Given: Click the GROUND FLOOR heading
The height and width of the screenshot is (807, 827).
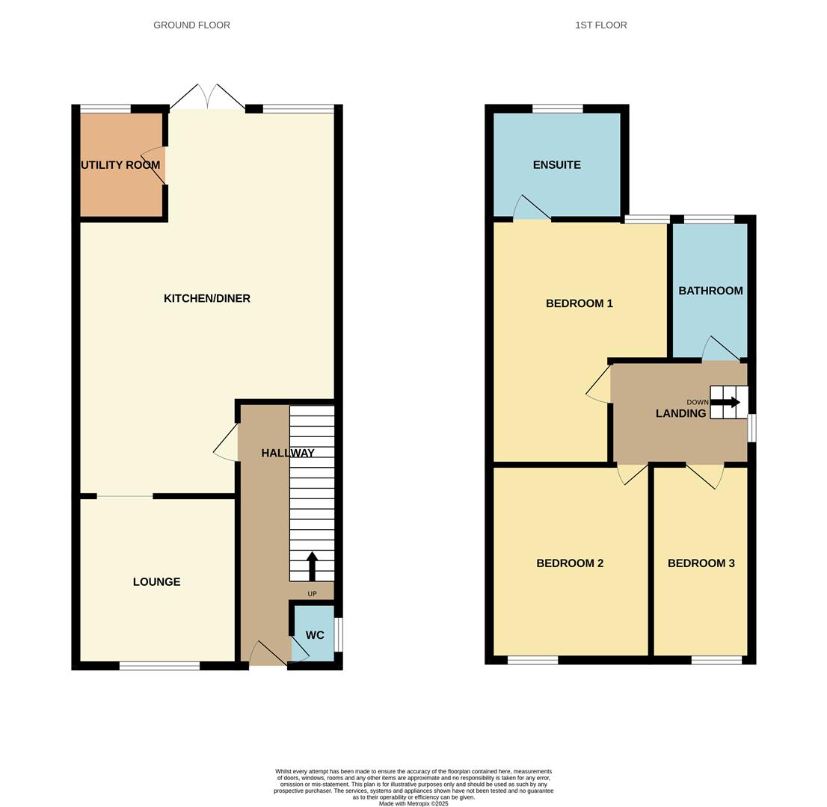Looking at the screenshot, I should click(x=191, y=25).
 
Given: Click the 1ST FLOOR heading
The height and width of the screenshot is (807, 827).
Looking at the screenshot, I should click(x=600, y=25).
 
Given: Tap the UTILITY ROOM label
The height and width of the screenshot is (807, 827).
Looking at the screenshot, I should click(x=120, y=165).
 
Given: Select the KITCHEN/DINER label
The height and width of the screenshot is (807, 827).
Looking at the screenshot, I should click(x=207, y=298).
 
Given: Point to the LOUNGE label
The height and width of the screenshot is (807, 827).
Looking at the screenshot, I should click(x=156, y=581).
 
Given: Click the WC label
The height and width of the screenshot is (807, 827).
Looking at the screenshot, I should click(x=315, y=635).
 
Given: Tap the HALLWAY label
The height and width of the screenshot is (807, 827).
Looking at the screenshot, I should click(x=288, y=453).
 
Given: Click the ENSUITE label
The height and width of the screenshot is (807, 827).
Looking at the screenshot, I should click(x=556, y=164).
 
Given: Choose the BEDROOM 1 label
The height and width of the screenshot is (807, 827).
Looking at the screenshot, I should click(x=579, y=303).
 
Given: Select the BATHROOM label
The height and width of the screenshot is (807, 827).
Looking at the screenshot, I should click(x=710, y=291).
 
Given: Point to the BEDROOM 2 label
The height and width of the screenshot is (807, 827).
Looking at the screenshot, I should click(x=570, y=563).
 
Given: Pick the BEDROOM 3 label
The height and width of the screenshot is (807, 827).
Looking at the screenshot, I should click(x=701, y=563).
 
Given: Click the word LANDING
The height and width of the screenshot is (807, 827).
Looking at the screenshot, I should click(x=680, y=413).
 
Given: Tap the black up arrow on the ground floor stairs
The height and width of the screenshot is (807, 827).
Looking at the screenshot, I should click(x=312, y=566).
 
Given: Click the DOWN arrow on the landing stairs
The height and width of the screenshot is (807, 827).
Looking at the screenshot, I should click(x=725, y=402).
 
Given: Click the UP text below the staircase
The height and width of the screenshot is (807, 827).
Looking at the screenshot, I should click(x=312, y=594).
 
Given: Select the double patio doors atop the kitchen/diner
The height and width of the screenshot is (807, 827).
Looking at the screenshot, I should click(x=207, y=98).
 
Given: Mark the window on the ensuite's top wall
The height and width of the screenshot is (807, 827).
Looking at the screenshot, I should click(x=557, y=109).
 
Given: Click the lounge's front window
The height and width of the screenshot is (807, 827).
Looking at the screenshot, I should click(x=159, y=666).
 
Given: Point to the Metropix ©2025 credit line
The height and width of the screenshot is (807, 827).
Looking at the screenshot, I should click(x=413, y=804).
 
